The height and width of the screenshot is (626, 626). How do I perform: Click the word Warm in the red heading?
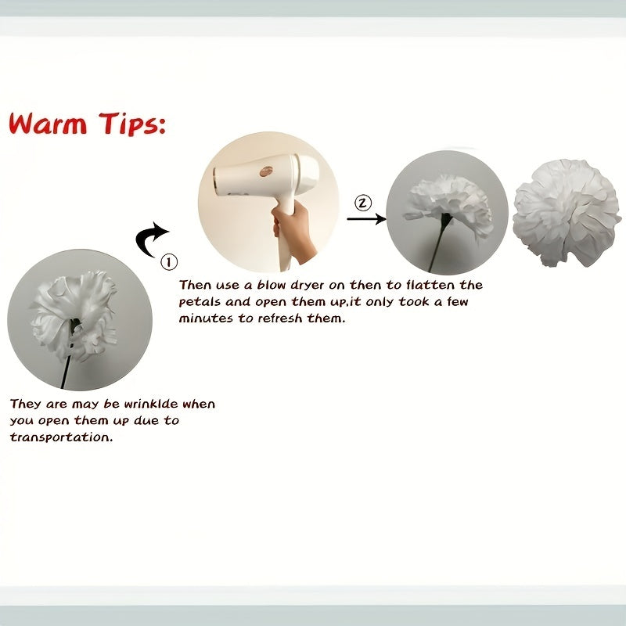[48, 124]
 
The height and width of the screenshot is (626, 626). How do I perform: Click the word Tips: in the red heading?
[132, 124]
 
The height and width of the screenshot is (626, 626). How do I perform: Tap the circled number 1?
[169, 262]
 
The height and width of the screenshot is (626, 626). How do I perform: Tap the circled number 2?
[363, 203]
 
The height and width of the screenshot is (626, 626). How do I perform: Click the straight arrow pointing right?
[366, 219]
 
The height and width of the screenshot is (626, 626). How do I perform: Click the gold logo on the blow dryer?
[266, 171]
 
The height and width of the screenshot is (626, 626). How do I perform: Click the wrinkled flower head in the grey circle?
[74, 315]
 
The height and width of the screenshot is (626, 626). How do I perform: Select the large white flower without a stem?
[567, 212]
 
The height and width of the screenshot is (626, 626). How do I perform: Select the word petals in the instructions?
[200, 302]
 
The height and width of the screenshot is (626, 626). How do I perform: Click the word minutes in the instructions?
[206, 318]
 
